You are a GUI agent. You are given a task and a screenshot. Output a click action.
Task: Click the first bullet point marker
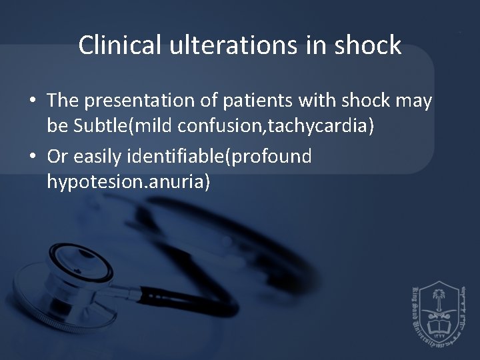pyautogui.click(x=32, y=101)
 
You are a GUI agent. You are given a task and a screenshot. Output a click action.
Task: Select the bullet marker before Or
pyautogui.click(x=32, y=157)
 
